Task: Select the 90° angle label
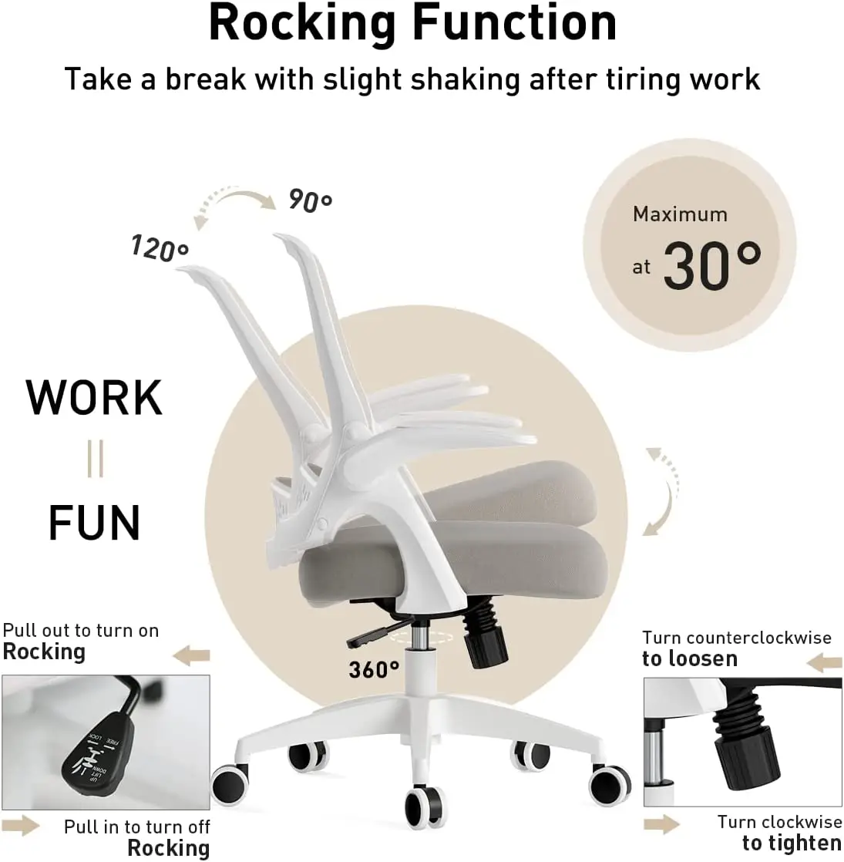point(310,200)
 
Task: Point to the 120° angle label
point(160,248)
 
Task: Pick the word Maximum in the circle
point(680,214)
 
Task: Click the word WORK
point(95,398)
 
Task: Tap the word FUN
point(94,523)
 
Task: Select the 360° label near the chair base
point(374,669)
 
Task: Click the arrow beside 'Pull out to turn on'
point(191,656)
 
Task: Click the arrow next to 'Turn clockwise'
point(662,824)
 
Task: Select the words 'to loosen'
point(690,659)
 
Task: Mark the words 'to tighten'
point(792,843)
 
